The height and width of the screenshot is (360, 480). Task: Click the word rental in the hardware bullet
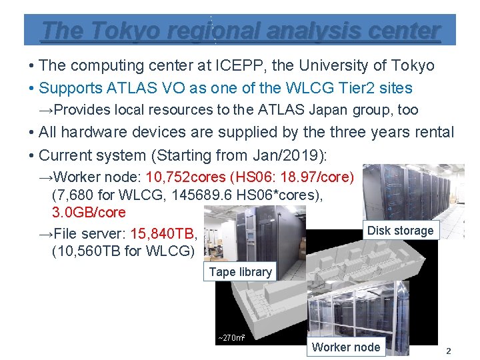click(429, 132)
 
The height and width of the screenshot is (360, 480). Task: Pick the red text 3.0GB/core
click(89, 213)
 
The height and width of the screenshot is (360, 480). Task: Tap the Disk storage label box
click(400, 231)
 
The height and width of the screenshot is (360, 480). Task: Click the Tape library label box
click(240, 272)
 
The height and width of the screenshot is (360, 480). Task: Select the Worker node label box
click(346, 347)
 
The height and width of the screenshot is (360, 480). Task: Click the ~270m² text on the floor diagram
click(231, 338)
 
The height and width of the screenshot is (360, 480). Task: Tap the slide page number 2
click(449, 351)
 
